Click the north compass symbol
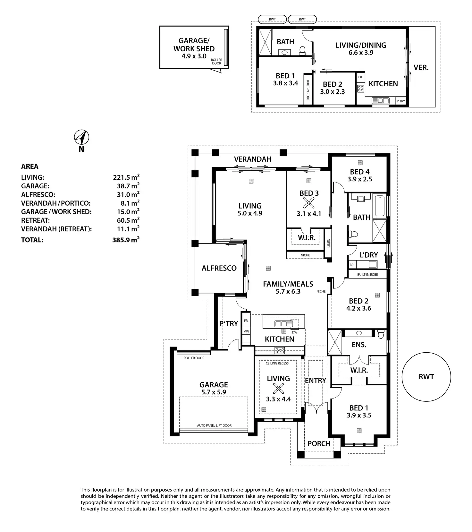pyautogui.click(x=82, y=138)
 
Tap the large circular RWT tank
pyautogui.click(x=426, y=377)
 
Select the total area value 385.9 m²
pyautogui.click(x=126, y=240)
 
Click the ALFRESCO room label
pyautogui.click(x=219, y=268)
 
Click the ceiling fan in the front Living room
pyautogui.click(x=278, y=389)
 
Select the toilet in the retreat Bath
pyautogui.click(x=302, y=50)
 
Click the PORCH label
pyautogui.click(x=319, y=444)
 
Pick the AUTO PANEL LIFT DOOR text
pyautogui.click(x=214, y=425)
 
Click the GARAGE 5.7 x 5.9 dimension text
pyautogui.click(x=214, y=392)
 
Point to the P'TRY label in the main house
pyautogui.click(x=229, y=324)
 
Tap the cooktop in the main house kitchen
pyautogui.click(x=280, y=351)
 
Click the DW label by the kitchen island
pyautogui.click(x=294, y=332)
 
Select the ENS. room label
pyautogui.click(x=359, y=345)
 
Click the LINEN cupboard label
pyautogui.click(x=328, y=243)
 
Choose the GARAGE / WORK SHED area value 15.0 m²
pyautogui.click(x=128, y=212)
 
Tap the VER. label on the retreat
pyautogui.click(x=421, y=68)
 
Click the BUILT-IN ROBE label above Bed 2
pyautogui.click(x=367, y=275)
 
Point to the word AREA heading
pyautogui.click(x=29, y=167)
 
